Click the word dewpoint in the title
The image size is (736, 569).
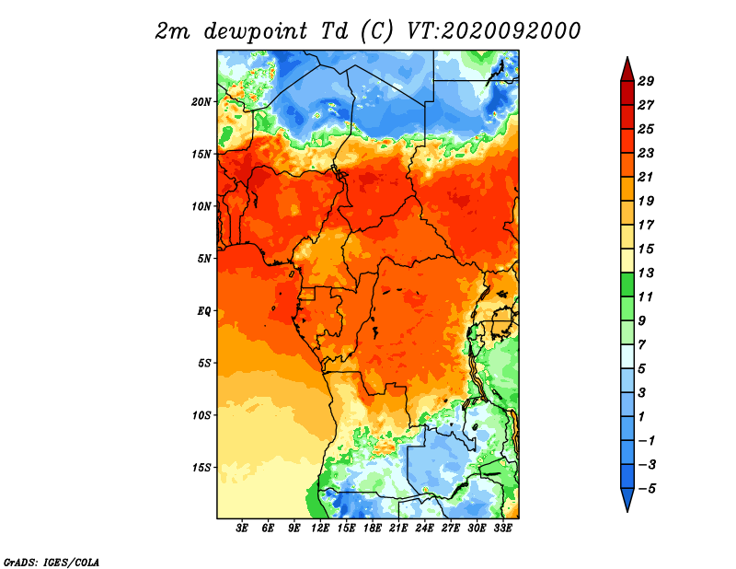256,32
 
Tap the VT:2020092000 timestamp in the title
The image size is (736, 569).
494,31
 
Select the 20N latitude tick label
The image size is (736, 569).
201,101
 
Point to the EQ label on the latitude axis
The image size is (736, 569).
204,311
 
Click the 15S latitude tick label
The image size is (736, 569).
201,468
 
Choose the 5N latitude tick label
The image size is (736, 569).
204,259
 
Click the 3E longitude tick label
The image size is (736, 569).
242,528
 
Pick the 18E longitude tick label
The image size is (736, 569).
373,528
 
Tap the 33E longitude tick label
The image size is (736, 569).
502,528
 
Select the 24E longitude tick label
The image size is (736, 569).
424,528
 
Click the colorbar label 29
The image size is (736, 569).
646,81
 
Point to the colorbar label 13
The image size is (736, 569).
646,273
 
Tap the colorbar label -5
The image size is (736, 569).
647,489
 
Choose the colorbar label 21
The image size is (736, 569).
646,177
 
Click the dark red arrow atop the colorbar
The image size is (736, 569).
627,70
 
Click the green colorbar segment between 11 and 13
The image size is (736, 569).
627,284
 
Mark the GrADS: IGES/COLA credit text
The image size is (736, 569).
52,562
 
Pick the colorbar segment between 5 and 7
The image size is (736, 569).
627,356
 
